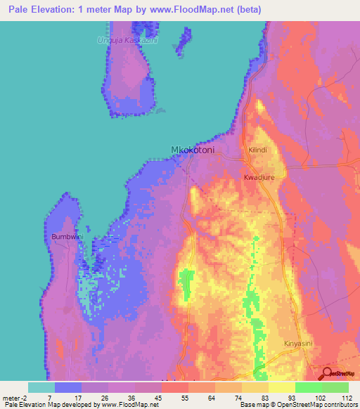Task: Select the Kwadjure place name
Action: [x=259, y=177]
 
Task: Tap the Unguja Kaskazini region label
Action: [x=128, y=40]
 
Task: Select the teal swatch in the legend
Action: [x=41, y=387]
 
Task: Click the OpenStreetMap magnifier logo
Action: [x=327, y=374]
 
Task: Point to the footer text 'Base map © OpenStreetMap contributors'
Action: [x=298, y=405]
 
